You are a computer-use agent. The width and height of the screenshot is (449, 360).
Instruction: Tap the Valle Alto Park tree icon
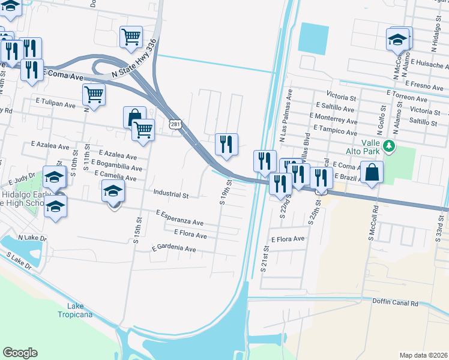point(389,146)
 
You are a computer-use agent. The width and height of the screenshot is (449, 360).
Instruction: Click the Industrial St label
point(171,194)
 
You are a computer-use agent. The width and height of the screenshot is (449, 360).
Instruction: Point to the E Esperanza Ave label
point(179,217)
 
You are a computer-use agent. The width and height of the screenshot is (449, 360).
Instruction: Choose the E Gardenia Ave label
point(173,248)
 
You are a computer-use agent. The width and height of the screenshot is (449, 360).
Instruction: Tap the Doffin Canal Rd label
point(395,302)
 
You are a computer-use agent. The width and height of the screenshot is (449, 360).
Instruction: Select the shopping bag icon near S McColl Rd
point(372,172)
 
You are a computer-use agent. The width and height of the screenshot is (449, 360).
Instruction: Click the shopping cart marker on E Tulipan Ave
point(94,94)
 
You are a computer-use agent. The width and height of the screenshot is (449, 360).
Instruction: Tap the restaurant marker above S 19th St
point(226,144)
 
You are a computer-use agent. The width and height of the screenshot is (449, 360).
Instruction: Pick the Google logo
point(20,353)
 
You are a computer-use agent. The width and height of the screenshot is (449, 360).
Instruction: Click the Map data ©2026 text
point(423,355)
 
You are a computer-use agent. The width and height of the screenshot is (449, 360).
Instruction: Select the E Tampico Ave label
point(334,130)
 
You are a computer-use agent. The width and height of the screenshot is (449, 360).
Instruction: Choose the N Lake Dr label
point(32,238)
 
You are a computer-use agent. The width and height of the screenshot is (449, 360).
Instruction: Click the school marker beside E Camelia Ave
point(112,192)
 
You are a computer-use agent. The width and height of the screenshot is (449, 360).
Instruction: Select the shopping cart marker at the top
point(131,37)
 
